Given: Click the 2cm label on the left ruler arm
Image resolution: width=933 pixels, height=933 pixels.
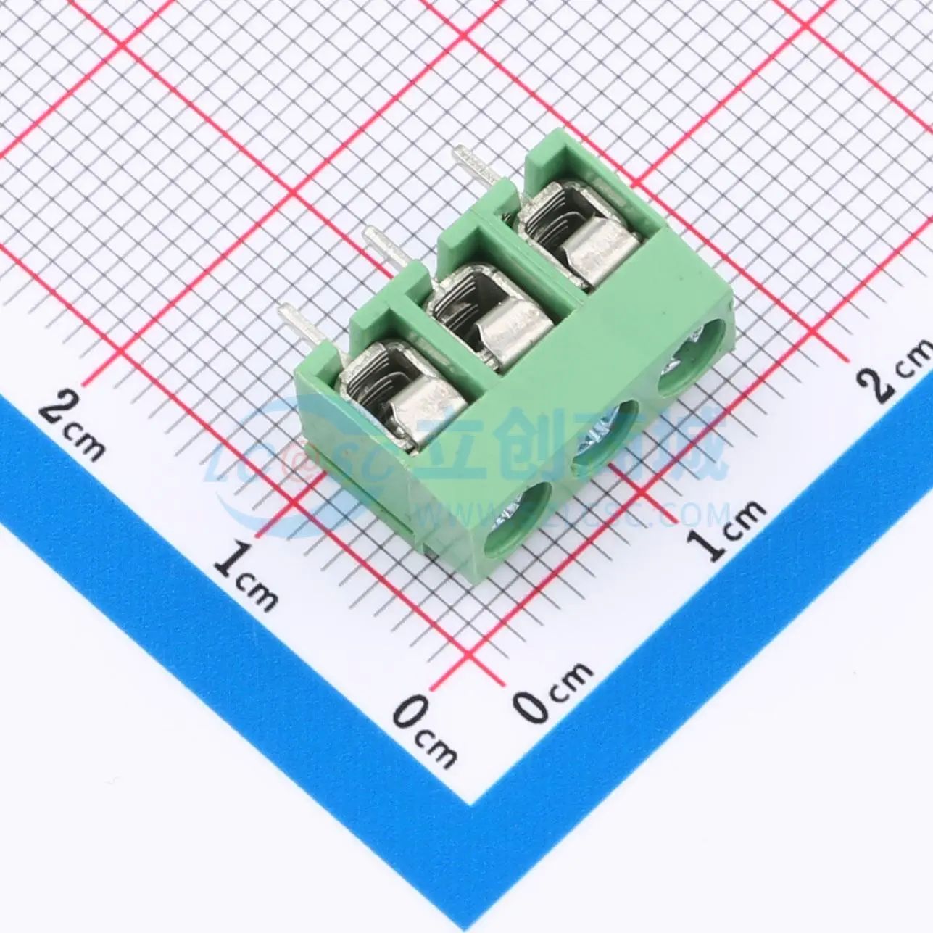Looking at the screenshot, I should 72,425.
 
